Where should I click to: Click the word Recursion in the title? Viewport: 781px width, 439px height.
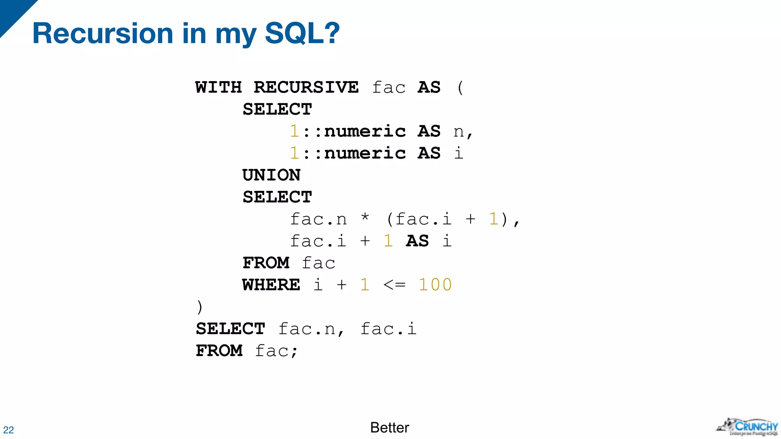(x=103, y=34)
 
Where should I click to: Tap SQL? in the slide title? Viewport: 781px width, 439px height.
(x=302, y=34)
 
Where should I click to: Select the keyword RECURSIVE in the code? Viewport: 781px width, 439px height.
(x=306, y=87)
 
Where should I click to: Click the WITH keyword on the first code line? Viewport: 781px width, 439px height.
(x=219, y=87)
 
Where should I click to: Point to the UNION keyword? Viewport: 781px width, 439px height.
(x=272, y=175)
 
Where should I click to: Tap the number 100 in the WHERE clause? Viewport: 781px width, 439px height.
(x=435, y=285)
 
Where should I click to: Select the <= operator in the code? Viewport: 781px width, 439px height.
(x=394, y=285)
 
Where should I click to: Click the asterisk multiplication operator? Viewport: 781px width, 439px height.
(x=365, y=218)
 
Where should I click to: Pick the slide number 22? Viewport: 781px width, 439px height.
(x=8, y=430)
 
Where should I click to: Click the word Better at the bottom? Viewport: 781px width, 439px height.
(x=389, y=428)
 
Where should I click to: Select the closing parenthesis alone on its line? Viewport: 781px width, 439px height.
(x=199, y=307)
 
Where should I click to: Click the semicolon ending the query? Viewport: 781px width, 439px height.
(x=294, y=351)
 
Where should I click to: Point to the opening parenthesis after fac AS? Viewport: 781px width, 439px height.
(x=460, y=87)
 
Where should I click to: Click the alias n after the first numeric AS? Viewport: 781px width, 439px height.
(x=459, y=132)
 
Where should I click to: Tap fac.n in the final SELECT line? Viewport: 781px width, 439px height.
(x=307, y=329)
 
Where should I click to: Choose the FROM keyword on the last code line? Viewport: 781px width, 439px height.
(x=219, y=351)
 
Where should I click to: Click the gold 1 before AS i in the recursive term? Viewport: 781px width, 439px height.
(x=388, y=241)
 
